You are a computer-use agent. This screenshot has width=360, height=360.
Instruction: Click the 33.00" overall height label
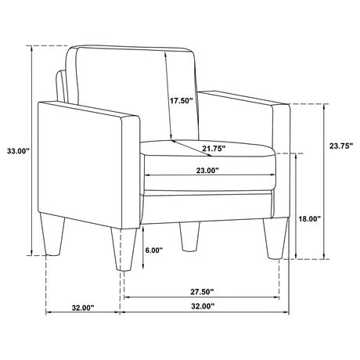click(19, 151)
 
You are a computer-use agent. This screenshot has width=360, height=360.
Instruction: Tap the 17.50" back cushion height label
click(182, 101)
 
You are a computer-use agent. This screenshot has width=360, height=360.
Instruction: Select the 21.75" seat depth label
click(214, 149)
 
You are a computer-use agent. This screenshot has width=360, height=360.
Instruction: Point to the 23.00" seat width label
click(207, 171)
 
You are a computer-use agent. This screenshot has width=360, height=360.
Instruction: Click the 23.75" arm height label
click(341, 146)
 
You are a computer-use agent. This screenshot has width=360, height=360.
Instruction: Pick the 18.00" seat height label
click(310, 219)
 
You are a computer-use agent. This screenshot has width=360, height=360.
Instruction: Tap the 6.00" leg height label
click(154, 250)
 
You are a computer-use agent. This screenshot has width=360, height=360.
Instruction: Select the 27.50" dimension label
click(202, 292)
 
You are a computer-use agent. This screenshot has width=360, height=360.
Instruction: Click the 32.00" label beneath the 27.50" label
click(203, 306)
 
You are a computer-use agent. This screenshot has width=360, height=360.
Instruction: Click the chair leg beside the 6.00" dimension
click(124, 250)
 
